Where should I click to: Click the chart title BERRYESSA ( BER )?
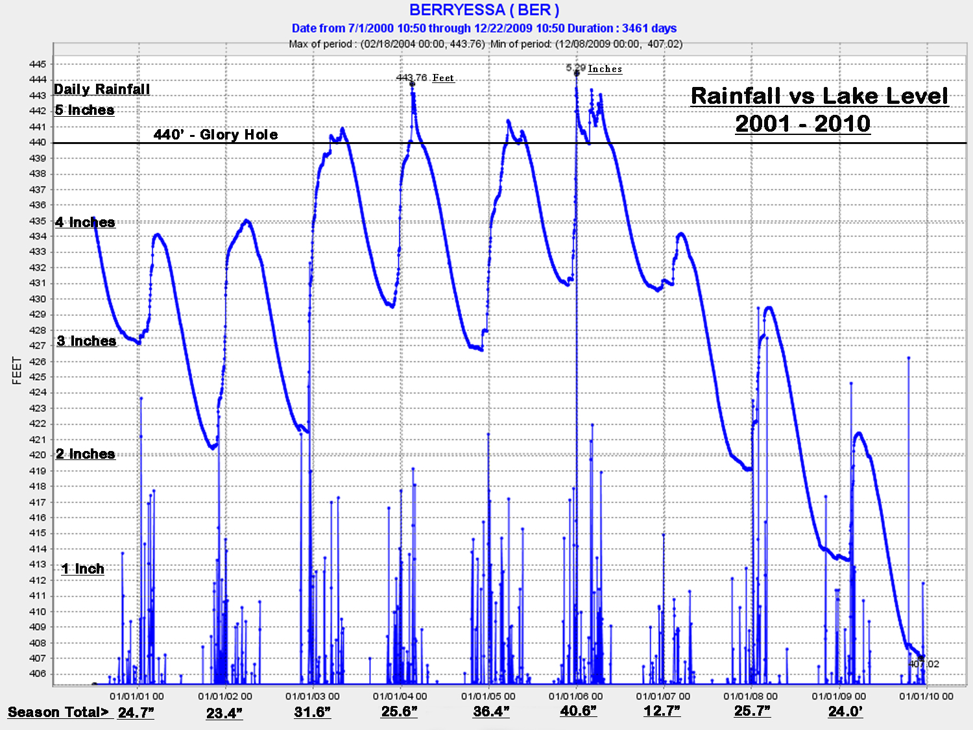point(484,10)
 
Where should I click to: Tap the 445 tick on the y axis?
point(38,64)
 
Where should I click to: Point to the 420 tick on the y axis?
point(38,455)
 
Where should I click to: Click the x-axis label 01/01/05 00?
point(488,696)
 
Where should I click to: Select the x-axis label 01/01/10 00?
point(926,696)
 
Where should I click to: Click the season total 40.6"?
point(578,711)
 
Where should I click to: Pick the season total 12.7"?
point(662,711)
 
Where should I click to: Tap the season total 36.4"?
point(491,712)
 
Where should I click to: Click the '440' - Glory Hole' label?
point(215,134)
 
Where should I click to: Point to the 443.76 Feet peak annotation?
point(425,78)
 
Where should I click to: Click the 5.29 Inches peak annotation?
point(594,68)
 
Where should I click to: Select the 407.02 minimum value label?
point(924,664)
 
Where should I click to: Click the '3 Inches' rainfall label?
point(86,341)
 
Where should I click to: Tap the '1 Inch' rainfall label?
point(83,569)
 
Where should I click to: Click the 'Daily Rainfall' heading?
point(102,90)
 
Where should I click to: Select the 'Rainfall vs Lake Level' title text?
point(819,96)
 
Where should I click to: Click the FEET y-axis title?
point(17,371)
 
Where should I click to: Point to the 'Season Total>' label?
point(58,712)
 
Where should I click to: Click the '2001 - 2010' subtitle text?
point(802,124)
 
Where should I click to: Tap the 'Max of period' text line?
point(485,44)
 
